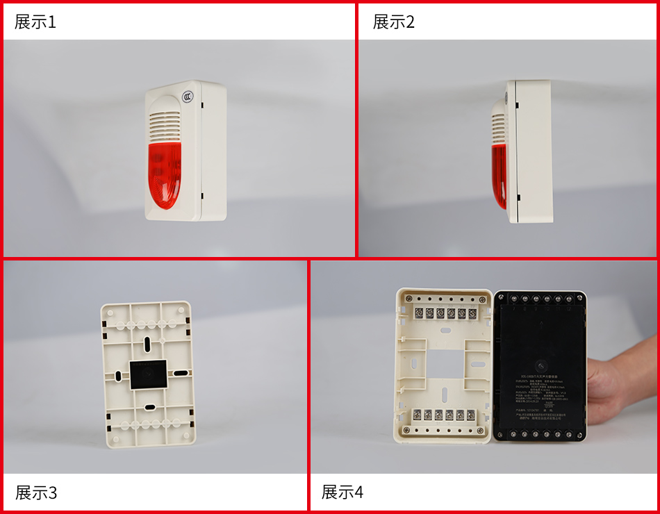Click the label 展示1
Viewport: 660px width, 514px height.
tap(35, 22)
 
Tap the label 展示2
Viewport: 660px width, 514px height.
tap(393, 22)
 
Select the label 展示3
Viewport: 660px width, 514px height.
tap(36, 493)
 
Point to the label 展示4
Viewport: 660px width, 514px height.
tap(342, 492)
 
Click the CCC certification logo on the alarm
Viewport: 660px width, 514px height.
tap(188, 98)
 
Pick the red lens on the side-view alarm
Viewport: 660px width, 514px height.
tap(499, 174)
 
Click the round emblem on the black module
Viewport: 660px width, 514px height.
tap(541, 364)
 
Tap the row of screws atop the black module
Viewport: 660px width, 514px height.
tap(542, 298)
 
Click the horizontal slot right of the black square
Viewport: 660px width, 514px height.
tap(180, 373)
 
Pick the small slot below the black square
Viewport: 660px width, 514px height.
tap(149, 407)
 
